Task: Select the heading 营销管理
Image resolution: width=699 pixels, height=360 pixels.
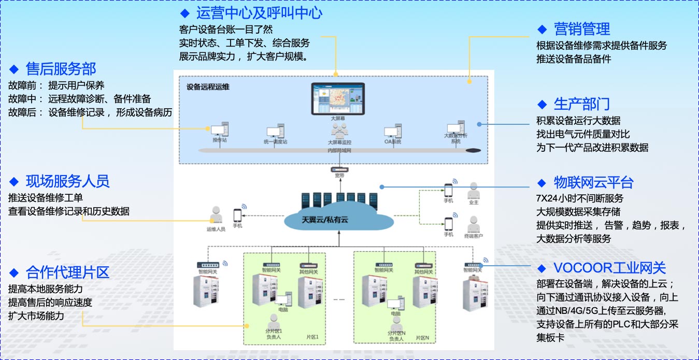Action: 581,29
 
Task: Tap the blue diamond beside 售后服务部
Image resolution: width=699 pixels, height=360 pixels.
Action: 14,69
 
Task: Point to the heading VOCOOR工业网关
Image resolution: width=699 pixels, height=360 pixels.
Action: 609,268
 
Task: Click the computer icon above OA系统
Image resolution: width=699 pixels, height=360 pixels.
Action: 392,132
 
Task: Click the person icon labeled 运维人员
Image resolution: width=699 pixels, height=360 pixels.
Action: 216,215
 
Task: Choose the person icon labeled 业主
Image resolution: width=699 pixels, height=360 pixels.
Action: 473,191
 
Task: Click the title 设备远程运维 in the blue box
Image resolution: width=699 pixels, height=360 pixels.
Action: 208,87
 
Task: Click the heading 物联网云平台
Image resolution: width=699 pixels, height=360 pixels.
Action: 593,182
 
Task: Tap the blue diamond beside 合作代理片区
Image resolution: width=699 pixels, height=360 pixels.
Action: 14,273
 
